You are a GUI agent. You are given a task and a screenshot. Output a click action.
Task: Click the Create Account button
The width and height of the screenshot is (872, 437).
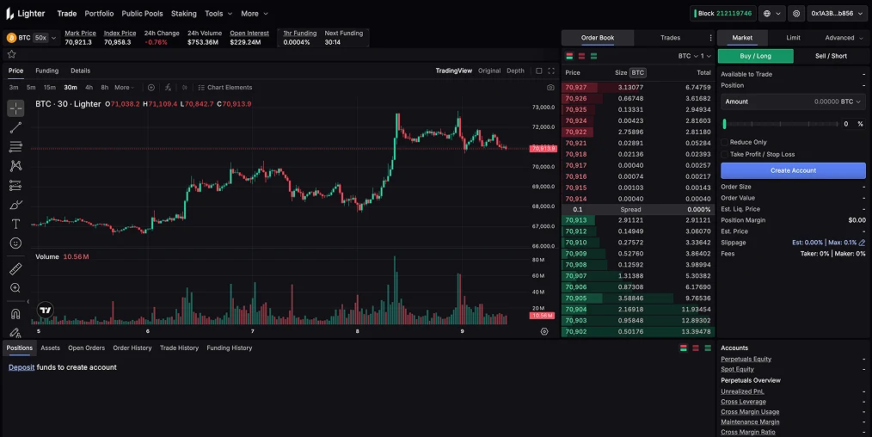coord(793,170)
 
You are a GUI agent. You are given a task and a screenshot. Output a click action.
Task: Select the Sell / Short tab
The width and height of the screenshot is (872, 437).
coord(831,56)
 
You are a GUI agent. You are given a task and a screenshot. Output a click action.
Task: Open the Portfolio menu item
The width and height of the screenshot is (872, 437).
coord(99,14)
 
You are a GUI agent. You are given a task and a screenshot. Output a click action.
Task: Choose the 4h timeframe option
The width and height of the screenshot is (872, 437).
coord(89,87)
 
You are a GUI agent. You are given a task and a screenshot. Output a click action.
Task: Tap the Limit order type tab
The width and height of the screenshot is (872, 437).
coord(793,38)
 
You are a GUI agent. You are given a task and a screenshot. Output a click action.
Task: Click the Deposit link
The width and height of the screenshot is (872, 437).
coord(21,367)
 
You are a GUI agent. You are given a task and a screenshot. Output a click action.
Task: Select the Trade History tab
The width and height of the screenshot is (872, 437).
coord(179,348)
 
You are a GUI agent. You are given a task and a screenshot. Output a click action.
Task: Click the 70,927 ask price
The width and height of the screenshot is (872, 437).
coord(575,87)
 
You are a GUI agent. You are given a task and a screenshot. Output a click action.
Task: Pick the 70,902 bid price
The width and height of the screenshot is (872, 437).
coord(575,331)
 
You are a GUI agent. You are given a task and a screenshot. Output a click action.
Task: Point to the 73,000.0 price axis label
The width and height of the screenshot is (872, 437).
coord(543,108)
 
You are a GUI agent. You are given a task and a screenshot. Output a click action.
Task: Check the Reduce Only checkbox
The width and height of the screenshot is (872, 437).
coord(725,142)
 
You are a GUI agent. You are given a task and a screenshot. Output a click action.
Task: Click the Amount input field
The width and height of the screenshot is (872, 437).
coord(791,102)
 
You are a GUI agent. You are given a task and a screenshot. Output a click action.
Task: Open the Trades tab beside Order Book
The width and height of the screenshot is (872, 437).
coord(670,38)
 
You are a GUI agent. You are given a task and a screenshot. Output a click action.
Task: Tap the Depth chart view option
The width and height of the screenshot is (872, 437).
coord(515,71)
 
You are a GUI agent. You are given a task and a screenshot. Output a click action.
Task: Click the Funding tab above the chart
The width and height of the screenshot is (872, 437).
coord(46,71)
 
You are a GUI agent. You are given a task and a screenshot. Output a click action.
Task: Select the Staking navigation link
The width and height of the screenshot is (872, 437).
coord(183,14)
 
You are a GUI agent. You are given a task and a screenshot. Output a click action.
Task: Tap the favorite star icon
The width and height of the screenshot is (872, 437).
coord(12,53)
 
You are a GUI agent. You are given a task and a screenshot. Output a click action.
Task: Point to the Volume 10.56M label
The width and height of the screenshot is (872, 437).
coord(62,257)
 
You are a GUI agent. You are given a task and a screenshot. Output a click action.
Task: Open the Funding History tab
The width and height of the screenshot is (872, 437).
coord(230,348)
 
